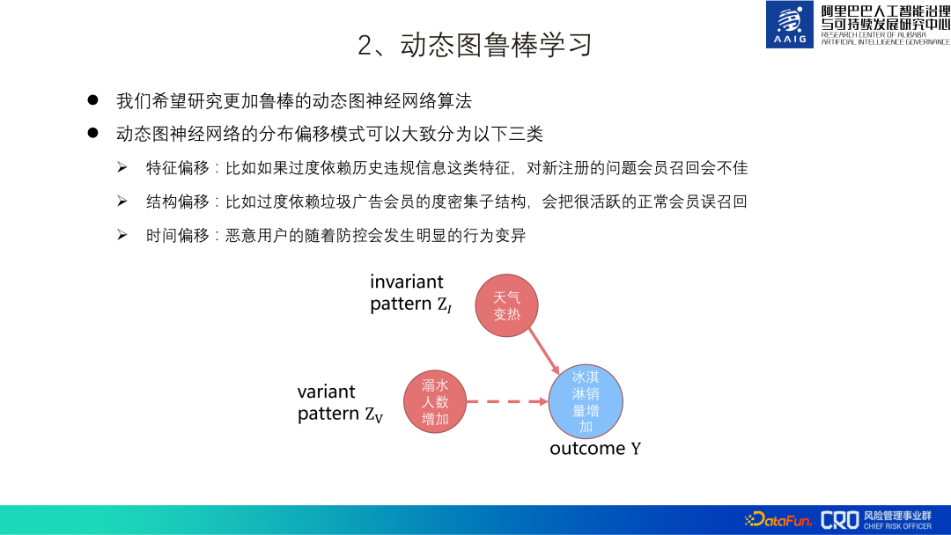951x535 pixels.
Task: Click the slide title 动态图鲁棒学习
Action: pyautogui.click(x=475, y=45)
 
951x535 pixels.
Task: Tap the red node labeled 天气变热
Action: pyautogui.click(x=506, y=305)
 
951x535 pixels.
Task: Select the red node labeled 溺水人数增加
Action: pyautogui.click(x=435, y=402)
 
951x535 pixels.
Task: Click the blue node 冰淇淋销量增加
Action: pyautogui.click(x=586, y=402)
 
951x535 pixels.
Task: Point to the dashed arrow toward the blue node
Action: pyautogui.click(x=506, y=402)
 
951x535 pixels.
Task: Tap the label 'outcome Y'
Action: pyautogui.click(x=595, y=449)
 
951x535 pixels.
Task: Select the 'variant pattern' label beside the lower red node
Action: pyautogui.click(x=339, y=403)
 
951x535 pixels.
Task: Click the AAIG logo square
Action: pyautogui.click(x=790, y=25)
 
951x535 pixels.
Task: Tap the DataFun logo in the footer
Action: pyautogui.click(x=778, y=520)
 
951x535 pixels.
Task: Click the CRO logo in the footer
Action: pyautogui.click(x=839, y=520)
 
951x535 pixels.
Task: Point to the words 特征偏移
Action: pyautogui.click(x=178, y=167)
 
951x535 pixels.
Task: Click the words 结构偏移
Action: pyautogui.click(x=178, y=202)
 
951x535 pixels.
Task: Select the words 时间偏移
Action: pyautogui.click(x=178, y=235)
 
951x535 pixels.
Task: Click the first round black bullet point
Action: pyautogui.click(x=92, y=100)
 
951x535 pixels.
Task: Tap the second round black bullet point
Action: pyautogui.click(x=92, y=134)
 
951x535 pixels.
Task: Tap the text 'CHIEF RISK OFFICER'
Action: pyautogui.click(x=897, y=526)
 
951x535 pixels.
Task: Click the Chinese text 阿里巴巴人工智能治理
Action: pyautogui.click(x=885, y=11)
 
